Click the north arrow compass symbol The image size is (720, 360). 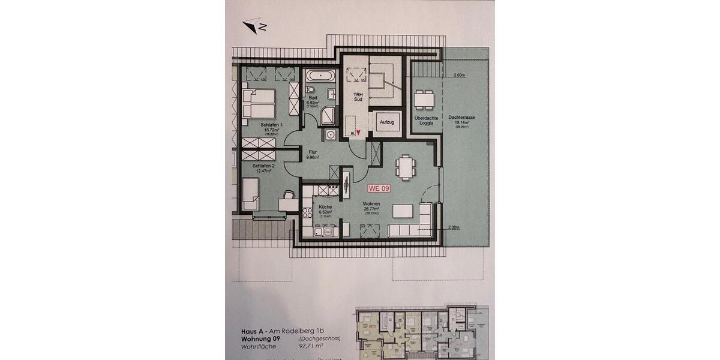point(254,25)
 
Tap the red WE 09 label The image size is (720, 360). point(379,188)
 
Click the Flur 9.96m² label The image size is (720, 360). point(313,155)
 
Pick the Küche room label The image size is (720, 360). point(317,208)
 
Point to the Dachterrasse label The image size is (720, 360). point(461,118)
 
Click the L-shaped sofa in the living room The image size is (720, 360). point(413,224)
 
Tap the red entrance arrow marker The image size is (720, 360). point(358,133)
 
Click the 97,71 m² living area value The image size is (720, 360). point(314,347)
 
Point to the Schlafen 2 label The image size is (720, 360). point(263,166)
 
